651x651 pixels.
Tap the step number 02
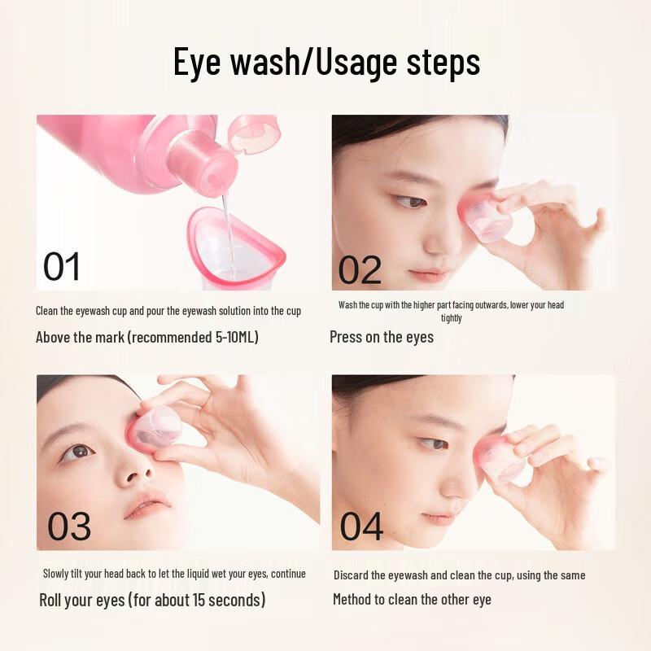(360, 270)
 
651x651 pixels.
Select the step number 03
(69, 526)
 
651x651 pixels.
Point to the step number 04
(361, 526)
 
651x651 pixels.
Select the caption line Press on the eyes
(381, 337)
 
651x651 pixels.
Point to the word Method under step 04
(356, 600)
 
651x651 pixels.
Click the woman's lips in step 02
(429, 274)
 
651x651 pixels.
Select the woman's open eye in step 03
(80, 452)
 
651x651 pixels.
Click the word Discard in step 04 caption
(352, 575)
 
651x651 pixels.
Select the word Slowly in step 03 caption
(59, 574)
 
